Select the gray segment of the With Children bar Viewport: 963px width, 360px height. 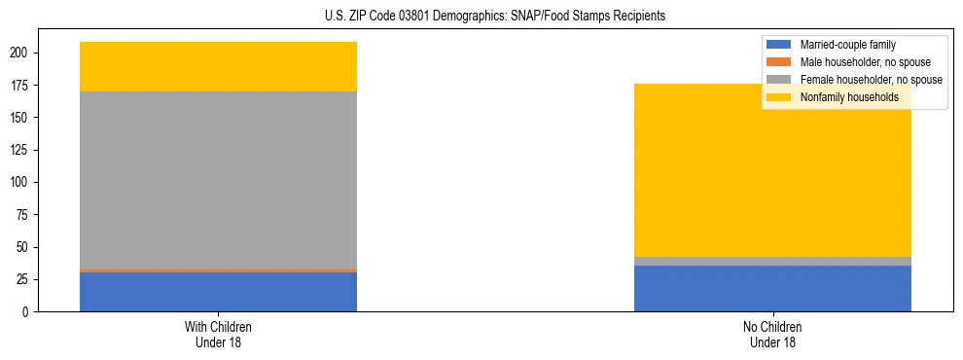[x=218, y=180]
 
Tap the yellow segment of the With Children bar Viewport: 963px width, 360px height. [x=218, y=66]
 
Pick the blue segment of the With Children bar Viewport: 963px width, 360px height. [x=218, y=292]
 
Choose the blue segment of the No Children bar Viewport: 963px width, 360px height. [x=772, y=289]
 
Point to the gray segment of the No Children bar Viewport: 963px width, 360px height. [x=772, y=261]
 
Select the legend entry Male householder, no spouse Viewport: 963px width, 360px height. [x=866, y=62]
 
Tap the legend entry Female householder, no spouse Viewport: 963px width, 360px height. [x=871, y=80]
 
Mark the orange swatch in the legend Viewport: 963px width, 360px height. [x=779, y=62]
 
